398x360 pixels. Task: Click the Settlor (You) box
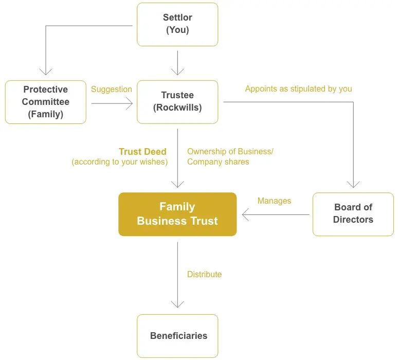point(177,24)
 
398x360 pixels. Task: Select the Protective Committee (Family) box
point(45,102)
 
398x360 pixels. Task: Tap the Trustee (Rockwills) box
point(177,102)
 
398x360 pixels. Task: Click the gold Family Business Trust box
point(177,214)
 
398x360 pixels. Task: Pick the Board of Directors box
point(353,214)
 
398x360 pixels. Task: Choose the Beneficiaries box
point(177,336)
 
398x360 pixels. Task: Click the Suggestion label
point(112,89)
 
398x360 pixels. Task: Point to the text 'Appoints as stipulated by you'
point(298,89)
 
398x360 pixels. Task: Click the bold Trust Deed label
point(143,152)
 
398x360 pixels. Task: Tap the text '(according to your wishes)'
point(120,162)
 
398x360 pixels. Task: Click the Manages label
point(274,201)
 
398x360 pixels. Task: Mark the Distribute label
point(204,275)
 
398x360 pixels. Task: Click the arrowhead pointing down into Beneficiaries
point(177,306)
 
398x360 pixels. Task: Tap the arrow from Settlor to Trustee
point(177,63)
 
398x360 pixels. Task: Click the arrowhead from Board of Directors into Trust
point(246,214)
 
